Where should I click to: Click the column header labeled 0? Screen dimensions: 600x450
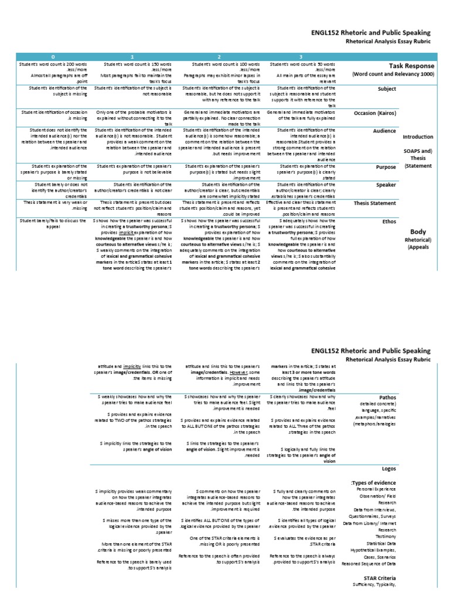pos(54,56)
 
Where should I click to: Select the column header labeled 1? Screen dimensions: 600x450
pos(134,56)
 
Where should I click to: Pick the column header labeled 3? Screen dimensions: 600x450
pos(302,56)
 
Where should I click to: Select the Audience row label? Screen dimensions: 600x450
pos(385,132)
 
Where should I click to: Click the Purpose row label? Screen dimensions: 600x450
pos(386,167)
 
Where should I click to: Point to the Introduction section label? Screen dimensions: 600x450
pos(418,137)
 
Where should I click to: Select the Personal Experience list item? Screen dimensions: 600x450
pos(376,489)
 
